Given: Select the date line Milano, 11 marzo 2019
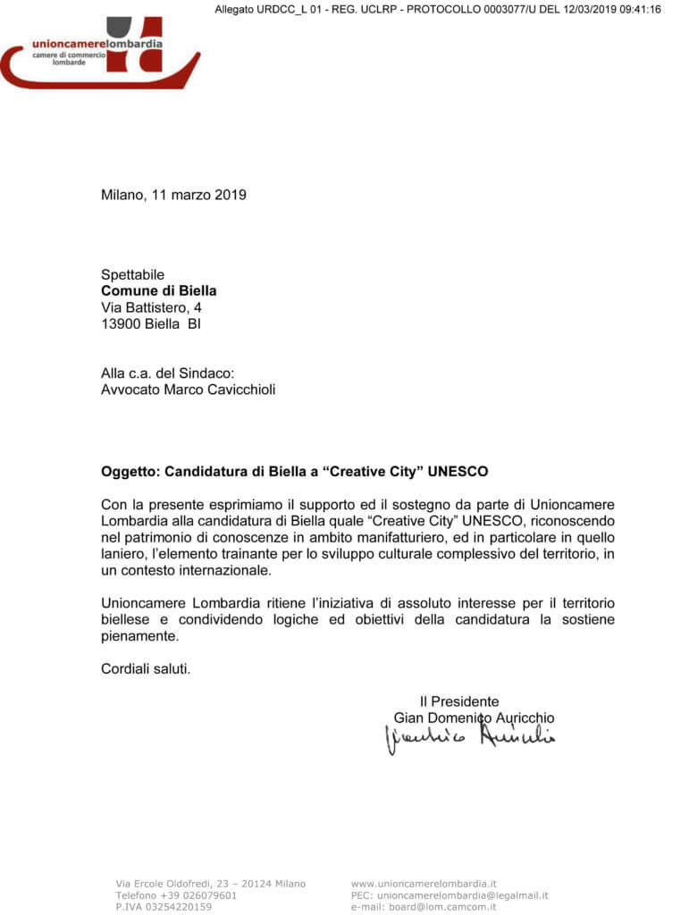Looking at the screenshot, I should point(173,195).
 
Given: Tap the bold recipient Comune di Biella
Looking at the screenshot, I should point(158,290).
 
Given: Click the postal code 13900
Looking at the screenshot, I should point(120,324).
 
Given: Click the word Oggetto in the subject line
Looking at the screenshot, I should point(130,471).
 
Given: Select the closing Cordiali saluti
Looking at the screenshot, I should point(145,668).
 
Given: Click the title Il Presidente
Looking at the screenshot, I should point(459,701).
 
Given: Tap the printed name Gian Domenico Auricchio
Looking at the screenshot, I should point(474,718).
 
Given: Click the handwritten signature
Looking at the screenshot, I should point(469,738).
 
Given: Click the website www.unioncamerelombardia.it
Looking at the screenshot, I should point(424,884).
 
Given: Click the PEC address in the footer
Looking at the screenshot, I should point(462,894).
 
